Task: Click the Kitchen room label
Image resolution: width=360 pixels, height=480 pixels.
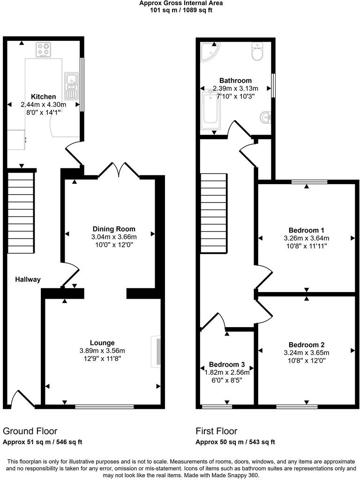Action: pos(44,97)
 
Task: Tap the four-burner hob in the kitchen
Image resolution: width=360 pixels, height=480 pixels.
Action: pos(44,49)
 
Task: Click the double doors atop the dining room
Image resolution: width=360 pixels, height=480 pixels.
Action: pos(119,170)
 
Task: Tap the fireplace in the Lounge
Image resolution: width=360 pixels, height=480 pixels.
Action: pos(156,351)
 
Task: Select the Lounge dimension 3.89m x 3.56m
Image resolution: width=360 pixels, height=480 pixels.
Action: pos(102,351)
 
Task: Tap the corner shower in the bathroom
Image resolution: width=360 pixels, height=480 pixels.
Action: pos(208,51)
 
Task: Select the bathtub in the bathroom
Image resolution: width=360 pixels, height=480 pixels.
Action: pos(210,110)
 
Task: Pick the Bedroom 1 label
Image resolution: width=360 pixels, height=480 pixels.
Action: pos(306,230)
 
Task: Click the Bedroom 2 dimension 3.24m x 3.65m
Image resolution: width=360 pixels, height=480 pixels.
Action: pos(306,353)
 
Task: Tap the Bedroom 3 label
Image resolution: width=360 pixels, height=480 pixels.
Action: pos(227,365)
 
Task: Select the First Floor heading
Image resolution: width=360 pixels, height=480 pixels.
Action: pos(217,431)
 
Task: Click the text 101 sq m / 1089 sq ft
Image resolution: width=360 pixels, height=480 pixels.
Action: pos(181,10)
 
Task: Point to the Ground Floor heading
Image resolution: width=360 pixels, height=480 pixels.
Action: pos(30,431)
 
